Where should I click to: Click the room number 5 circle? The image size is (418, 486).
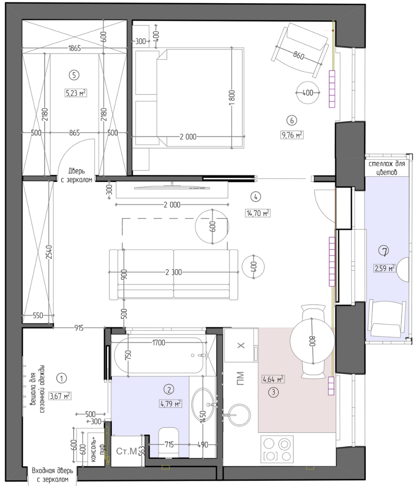pyautogui.click(x=74, y=75)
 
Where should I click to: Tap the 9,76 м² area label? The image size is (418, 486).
pyautogui.click(x=292, y=135)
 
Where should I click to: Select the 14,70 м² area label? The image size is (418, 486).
pyautogui.click(x=258, y=213)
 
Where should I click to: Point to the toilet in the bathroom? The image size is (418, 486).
pyautogui.click(x=169, y=443)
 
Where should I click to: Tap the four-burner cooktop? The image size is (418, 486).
pyautogui.click(x=277, y=450)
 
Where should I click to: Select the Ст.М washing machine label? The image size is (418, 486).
pyautogui.click(x=126, y=451)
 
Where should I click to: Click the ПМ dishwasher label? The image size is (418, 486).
pyautogui.click(x=241, y=379)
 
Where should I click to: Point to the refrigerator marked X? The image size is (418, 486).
pyautogui.click(x=241, y=345)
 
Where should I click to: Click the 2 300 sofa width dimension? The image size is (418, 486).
pyautogui.click(x=173, y=272)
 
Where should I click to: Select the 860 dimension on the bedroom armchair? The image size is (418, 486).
pyautogui.click(x=299, y=55)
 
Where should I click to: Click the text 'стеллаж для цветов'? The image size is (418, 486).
pyautogui.click(x=387, y=168)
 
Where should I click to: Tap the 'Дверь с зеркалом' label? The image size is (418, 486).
pyautogui.click(x=76, y=175)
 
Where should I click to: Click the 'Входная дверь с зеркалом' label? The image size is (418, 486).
pyautogui.click(x=52, y=475)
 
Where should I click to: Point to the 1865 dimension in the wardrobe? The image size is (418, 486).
pyautogui.click(x=75, y=48)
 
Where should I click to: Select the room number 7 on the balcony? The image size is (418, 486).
pyautogui.click(x=385, y=251)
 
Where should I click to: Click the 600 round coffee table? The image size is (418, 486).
pyautogui.click(x=212, y=227)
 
